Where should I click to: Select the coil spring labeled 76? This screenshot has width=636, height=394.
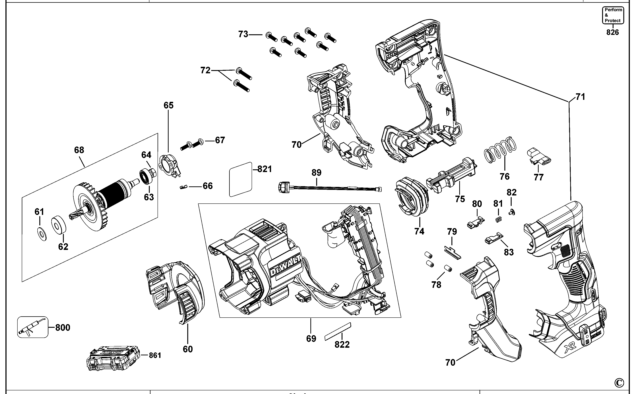(500, 150)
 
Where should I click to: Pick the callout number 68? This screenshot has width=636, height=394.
(79, 150)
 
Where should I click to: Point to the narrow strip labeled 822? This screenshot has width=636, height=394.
(338, 331)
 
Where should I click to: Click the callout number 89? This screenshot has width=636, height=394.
(316, 173)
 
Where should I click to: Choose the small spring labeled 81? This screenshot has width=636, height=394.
(498, 220)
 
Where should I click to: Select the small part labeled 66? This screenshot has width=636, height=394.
(183, 187)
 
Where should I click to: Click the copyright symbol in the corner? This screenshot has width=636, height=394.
(619, 383)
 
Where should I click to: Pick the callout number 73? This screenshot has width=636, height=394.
(243, 34)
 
